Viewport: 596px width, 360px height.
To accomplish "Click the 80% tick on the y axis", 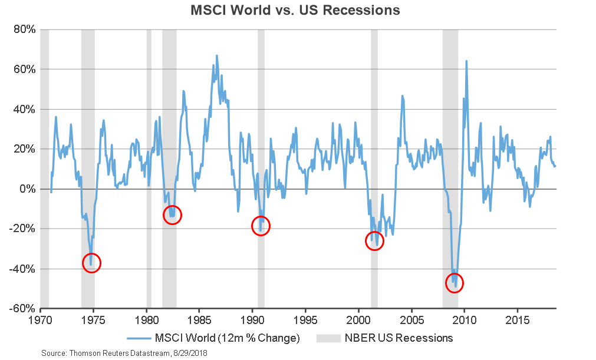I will coord(24,29).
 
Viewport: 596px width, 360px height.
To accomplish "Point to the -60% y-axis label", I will coord(23,309).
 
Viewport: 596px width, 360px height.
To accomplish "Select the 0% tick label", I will coord(28,189).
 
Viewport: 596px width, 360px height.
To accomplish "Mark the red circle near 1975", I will coord(91,263).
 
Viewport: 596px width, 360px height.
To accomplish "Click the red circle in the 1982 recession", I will coord(172,214).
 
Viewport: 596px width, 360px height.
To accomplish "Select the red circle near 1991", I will coord(261,225).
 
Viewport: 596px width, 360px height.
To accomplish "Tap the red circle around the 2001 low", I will coord(374,240).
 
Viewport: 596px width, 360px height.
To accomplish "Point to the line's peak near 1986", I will coord(216,55).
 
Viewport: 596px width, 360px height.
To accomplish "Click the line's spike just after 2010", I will coord(466,61).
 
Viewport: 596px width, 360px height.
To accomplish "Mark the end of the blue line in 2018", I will coord(555,166).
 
